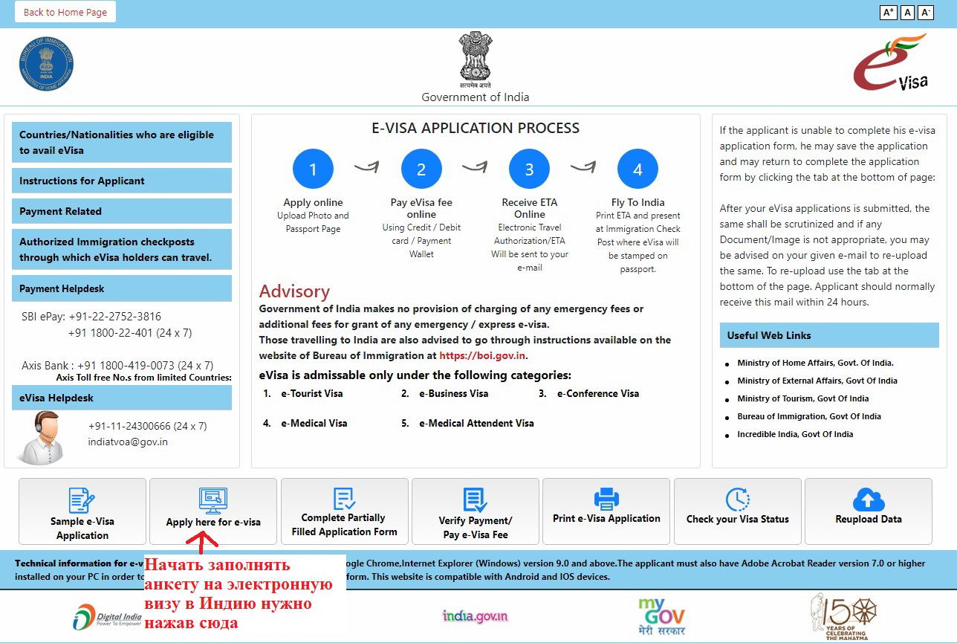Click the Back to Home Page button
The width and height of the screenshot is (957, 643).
point(65,12)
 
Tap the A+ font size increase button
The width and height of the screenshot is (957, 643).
point(888,12)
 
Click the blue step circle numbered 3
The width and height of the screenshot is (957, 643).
point(529,169)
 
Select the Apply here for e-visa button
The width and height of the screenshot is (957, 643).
point(213,511)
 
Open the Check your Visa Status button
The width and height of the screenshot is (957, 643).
point(737,511)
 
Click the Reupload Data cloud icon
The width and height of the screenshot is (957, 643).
point(869,499)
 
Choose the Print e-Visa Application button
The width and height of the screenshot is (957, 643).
point(606,511)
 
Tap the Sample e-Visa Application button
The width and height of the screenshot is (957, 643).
point(82,511)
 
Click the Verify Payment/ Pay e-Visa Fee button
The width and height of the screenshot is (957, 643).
point(476,511)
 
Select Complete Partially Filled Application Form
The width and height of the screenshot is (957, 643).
point(344,511)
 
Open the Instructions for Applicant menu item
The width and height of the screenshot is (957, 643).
point(122,181)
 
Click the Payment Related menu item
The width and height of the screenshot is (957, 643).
point(122,211)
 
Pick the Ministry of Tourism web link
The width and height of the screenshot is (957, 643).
point(802,398)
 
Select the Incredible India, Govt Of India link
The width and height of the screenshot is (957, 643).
point(795,434)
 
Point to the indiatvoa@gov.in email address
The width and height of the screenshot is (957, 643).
point(128,442)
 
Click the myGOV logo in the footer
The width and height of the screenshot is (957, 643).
point(661,615)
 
